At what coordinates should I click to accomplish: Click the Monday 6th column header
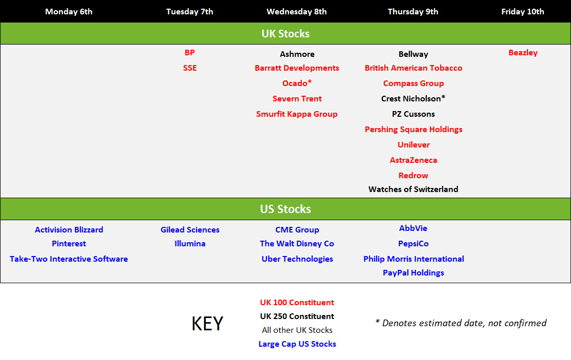[x=69, y=12]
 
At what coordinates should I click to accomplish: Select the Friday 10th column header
[x=522, y=12]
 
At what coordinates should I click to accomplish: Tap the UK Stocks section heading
[x=285, y=33]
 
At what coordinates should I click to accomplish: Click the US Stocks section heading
[x=285, y=209]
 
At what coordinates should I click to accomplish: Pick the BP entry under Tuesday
[x=190, y=52]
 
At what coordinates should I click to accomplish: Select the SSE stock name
[x=190, y=68]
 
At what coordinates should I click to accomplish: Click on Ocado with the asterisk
[x=297, y=83]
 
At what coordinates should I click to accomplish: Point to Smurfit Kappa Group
[x=297, y=114]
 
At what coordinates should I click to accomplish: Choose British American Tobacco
[x=413, y=68]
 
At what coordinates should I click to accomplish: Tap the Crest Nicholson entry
[x=413, y=98]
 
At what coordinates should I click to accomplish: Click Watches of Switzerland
[x=413, y=189]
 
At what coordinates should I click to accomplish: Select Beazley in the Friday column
[x=523, y=53]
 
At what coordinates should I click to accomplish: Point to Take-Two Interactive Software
[x=69, y=259]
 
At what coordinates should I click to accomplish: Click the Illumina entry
[x=190, y=243]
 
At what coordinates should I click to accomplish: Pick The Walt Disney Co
[x=297, y=244]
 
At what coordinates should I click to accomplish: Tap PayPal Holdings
[x=413, y=273]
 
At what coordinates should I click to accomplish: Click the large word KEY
[x=207, y=324]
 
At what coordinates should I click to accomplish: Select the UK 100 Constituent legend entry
[x=297, y=303]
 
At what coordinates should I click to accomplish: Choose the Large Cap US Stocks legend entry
[x=297, y=344]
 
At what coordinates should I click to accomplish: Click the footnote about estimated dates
[x=461, y=323]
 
